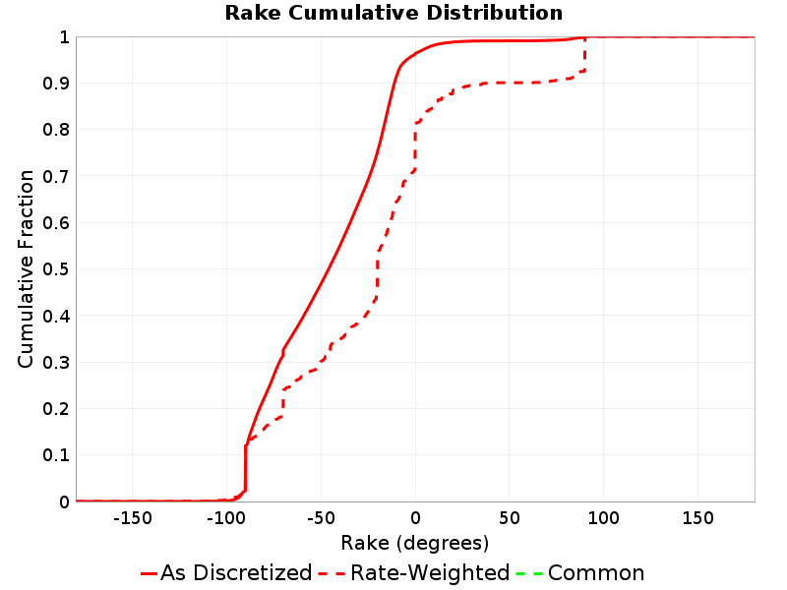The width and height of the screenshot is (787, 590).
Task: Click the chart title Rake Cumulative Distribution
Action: [393, 13]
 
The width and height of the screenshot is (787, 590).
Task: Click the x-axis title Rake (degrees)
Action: [414, 543]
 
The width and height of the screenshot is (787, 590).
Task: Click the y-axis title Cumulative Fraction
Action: [26, 268]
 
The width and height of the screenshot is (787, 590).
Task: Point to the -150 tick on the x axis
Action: [133, 518]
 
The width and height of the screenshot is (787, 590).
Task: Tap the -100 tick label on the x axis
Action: [226, 518]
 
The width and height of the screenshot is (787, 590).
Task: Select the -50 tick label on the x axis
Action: [321, 518]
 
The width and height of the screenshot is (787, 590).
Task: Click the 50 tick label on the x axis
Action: [510, 518]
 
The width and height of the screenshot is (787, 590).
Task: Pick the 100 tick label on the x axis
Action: [603, 518]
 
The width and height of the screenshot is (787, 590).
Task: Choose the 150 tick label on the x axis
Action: [697, 518]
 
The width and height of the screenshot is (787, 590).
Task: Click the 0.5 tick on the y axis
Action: [56, 268]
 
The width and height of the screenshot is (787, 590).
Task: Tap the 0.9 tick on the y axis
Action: [56, 84]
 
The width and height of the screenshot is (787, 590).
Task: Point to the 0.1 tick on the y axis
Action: [56, 455]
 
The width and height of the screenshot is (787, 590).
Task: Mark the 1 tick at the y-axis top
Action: [64, 37]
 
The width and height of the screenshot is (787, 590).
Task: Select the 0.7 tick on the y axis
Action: [56, 176]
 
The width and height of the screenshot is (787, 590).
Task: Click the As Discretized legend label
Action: [236, 573]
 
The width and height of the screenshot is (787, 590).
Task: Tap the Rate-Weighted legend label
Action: [430, 573]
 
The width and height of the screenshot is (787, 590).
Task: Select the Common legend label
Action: [596, 573]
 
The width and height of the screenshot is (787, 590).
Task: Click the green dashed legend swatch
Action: [529, 573]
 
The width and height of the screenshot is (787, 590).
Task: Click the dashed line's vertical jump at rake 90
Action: [584, 54]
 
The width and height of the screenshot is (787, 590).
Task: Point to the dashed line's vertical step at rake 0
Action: [415, 147]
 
